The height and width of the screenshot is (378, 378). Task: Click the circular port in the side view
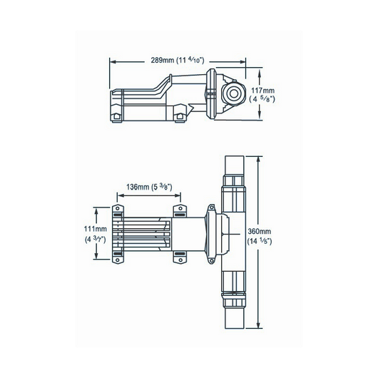(233, 93)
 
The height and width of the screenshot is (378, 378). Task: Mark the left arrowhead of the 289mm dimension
(111, 61)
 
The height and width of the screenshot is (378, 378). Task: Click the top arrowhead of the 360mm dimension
(259, 158)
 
